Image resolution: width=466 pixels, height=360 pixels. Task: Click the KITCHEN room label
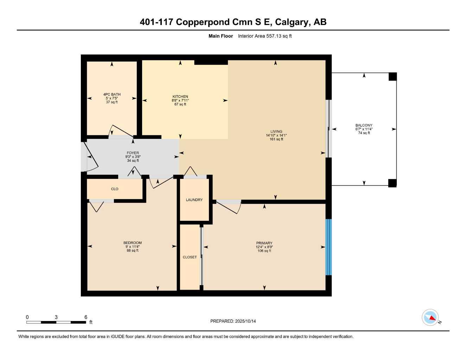pyautogui.click(x=180, y=97)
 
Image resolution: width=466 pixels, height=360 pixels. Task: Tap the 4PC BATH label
pyautogui.click(x=112, y=94)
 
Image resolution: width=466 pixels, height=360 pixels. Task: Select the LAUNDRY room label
pyautogui.click(x=194, y=200)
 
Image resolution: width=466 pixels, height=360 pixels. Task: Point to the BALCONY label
pyautogui.click(x=364, y=125)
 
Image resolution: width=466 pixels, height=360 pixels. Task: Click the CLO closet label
pyautogui.click(x=115, y=189)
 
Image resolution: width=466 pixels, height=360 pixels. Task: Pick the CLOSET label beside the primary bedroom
pyautogui.click(x=190, y=257)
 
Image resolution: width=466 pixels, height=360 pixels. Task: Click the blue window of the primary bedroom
pyautogui.click(x=328, y=247)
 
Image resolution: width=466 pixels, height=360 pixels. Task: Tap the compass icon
pyautogui.click(x=430, y=317)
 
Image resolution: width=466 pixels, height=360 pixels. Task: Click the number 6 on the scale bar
pyautogui.click(x=86, y=317)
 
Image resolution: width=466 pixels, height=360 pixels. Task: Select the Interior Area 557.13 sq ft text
pyautogui.click(x=265, y=36)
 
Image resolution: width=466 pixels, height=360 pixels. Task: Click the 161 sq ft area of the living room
pyautogui.click(x=276, y=139)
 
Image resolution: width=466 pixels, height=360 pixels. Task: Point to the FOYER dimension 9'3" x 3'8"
pyautogui.click(x=133, y=157)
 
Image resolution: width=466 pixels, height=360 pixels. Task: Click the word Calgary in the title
pyautogui.click(x=291, y=22)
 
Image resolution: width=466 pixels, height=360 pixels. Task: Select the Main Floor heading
pyautogui.click(x=221, y=36)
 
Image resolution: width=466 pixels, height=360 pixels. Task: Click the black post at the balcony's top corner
pyautogui.click(x=392, y=76)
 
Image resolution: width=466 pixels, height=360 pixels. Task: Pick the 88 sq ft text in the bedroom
pyautogui.click(x=133, y=251)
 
